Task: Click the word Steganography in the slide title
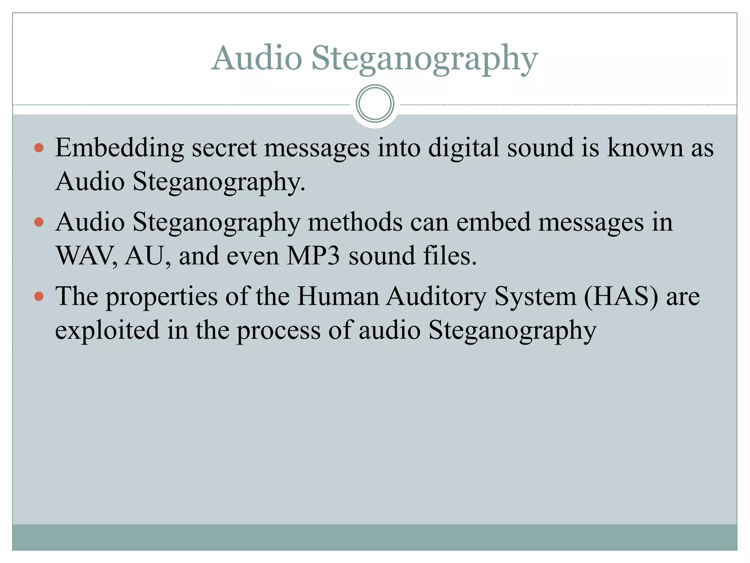[x=425, y=59]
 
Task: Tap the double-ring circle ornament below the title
[x=375, y=104]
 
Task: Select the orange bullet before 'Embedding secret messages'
[x=39, y=148]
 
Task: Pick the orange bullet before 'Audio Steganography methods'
[x=39, y=222]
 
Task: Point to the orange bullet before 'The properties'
[x=39, y=296]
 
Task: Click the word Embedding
[x=119, y=148]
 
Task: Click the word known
[x=645, y=148]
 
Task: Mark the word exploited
[x=107, y=330]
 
